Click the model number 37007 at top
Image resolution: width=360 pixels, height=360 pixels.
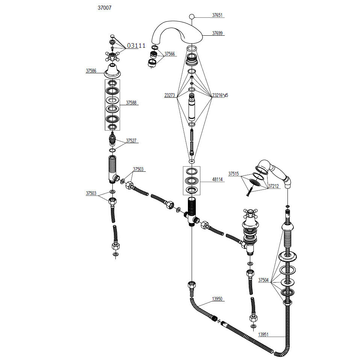(x=104, y=8)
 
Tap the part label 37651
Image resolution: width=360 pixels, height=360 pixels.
(x=217, y=15)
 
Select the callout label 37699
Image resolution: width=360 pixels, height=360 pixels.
(x=217, y=33)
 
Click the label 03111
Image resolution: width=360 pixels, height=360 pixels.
(x=136, y=46)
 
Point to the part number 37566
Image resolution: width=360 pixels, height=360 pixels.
(x=170, y=54)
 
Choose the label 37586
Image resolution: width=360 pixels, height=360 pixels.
(x=91, y=71)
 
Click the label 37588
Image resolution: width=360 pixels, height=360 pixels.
(x=131, y=103)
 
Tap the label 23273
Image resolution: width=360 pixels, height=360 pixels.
(x=170, y=95)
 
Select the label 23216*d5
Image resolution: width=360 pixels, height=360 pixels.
(x=220, y=95)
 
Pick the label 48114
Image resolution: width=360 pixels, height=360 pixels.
(x=218, y=179)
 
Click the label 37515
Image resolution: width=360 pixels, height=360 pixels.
(x=233, y=174)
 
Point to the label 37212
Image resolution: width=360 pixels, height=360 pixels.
(x=274, y=186)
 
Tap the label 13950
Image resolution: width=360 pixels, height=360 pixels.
(x=217, y=299)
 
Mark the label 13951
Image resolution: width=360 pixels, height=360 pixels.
(x=263, y=334)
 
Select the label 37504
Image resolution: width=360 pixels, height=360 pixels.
(x=263, y=280)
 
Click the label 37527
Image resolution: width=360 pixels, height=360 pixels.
(x=131, y=141)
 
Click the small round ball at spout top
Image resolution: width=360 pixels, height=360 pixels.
(x=192, y=17)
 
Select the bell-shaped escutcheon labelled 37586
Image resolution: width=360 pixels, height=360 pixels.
(x=112, y=71)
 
